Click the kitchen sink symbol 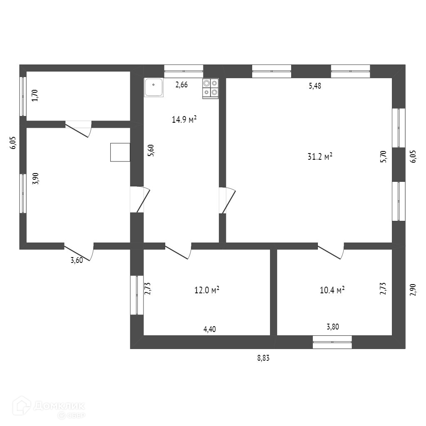(154, 87)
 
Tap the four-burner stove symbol (211, 88)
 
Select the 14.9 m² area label (184, 120)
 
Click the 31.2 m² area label (319, 157)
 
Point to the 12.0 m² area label (207, 290)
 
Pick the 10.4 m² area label (332, 290)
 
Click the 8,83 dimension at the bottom (263, 358)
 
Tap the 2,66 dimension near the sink (181, 85)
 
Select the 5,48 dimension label (315, 86)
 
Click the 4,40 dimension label (209, 329)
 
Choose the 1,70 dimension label (35, 96)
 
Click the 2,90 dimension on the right (413, 290)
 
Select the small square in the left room (120, 152)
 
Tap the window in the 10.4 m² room (332, 342)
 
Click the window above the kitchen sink (183, 71)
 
